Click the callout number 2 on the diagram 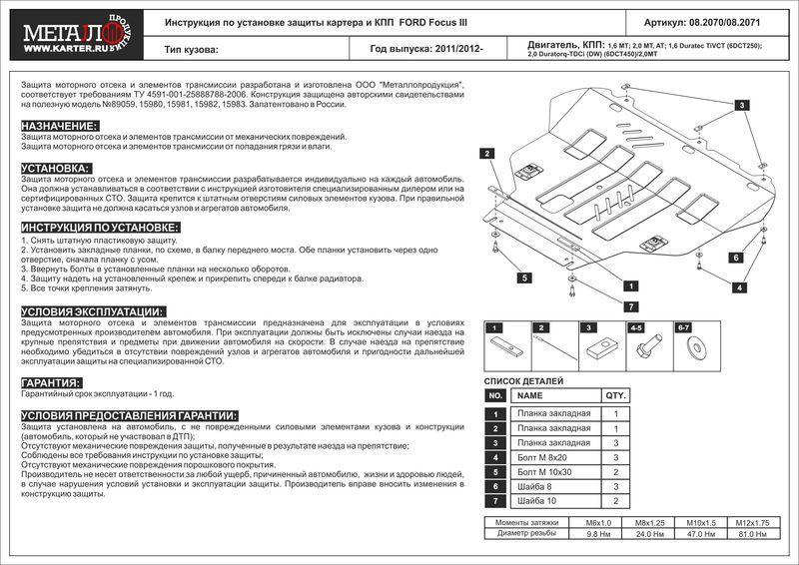[x=486, y=153]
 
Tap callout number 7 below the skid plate [x=631, y=305]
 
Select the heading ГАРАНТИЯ [x=50, y=382]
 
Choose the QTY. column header [x=615, y=395]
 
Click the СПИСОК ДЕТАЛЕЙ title [x=523, y=381]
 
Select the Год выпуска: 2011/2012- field [x=425, y=47]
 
